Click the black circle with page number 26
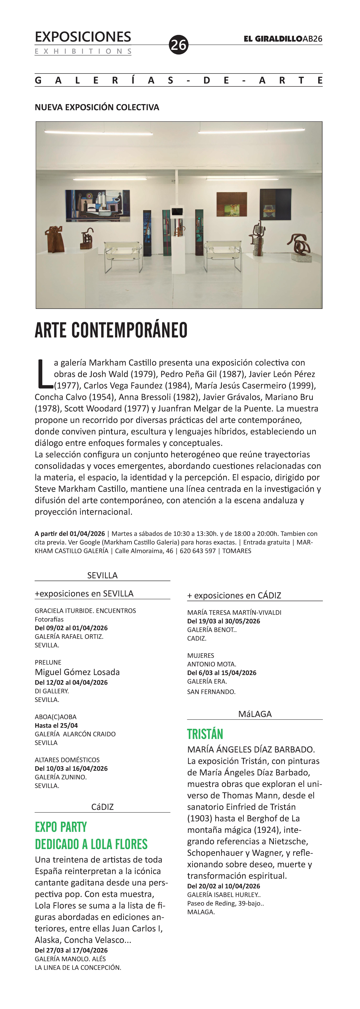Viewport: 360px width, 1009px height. [x=178, y=45]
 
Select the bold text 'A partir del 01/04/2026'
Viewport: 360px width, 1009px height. [x=70, y=533]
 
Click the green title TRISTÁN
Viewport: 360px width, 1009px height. [x=205, y=734]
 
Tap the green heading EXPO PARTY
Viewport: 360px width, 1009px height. [x=61, y=827]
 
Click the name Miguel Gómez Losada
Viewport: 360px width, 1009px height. [x=77, y=672]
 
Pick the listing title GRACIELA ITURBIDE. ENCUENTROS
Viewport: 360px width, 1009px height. [x=85, y=611]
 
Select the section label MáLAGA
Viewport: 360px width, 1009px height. [x=255, y=714]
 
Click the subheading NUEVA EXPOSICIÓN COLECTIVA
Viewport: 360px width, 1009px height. [x=97, y=107]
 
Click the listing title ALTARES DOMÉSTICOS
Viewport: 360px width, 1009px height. [x=67, y=760]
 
